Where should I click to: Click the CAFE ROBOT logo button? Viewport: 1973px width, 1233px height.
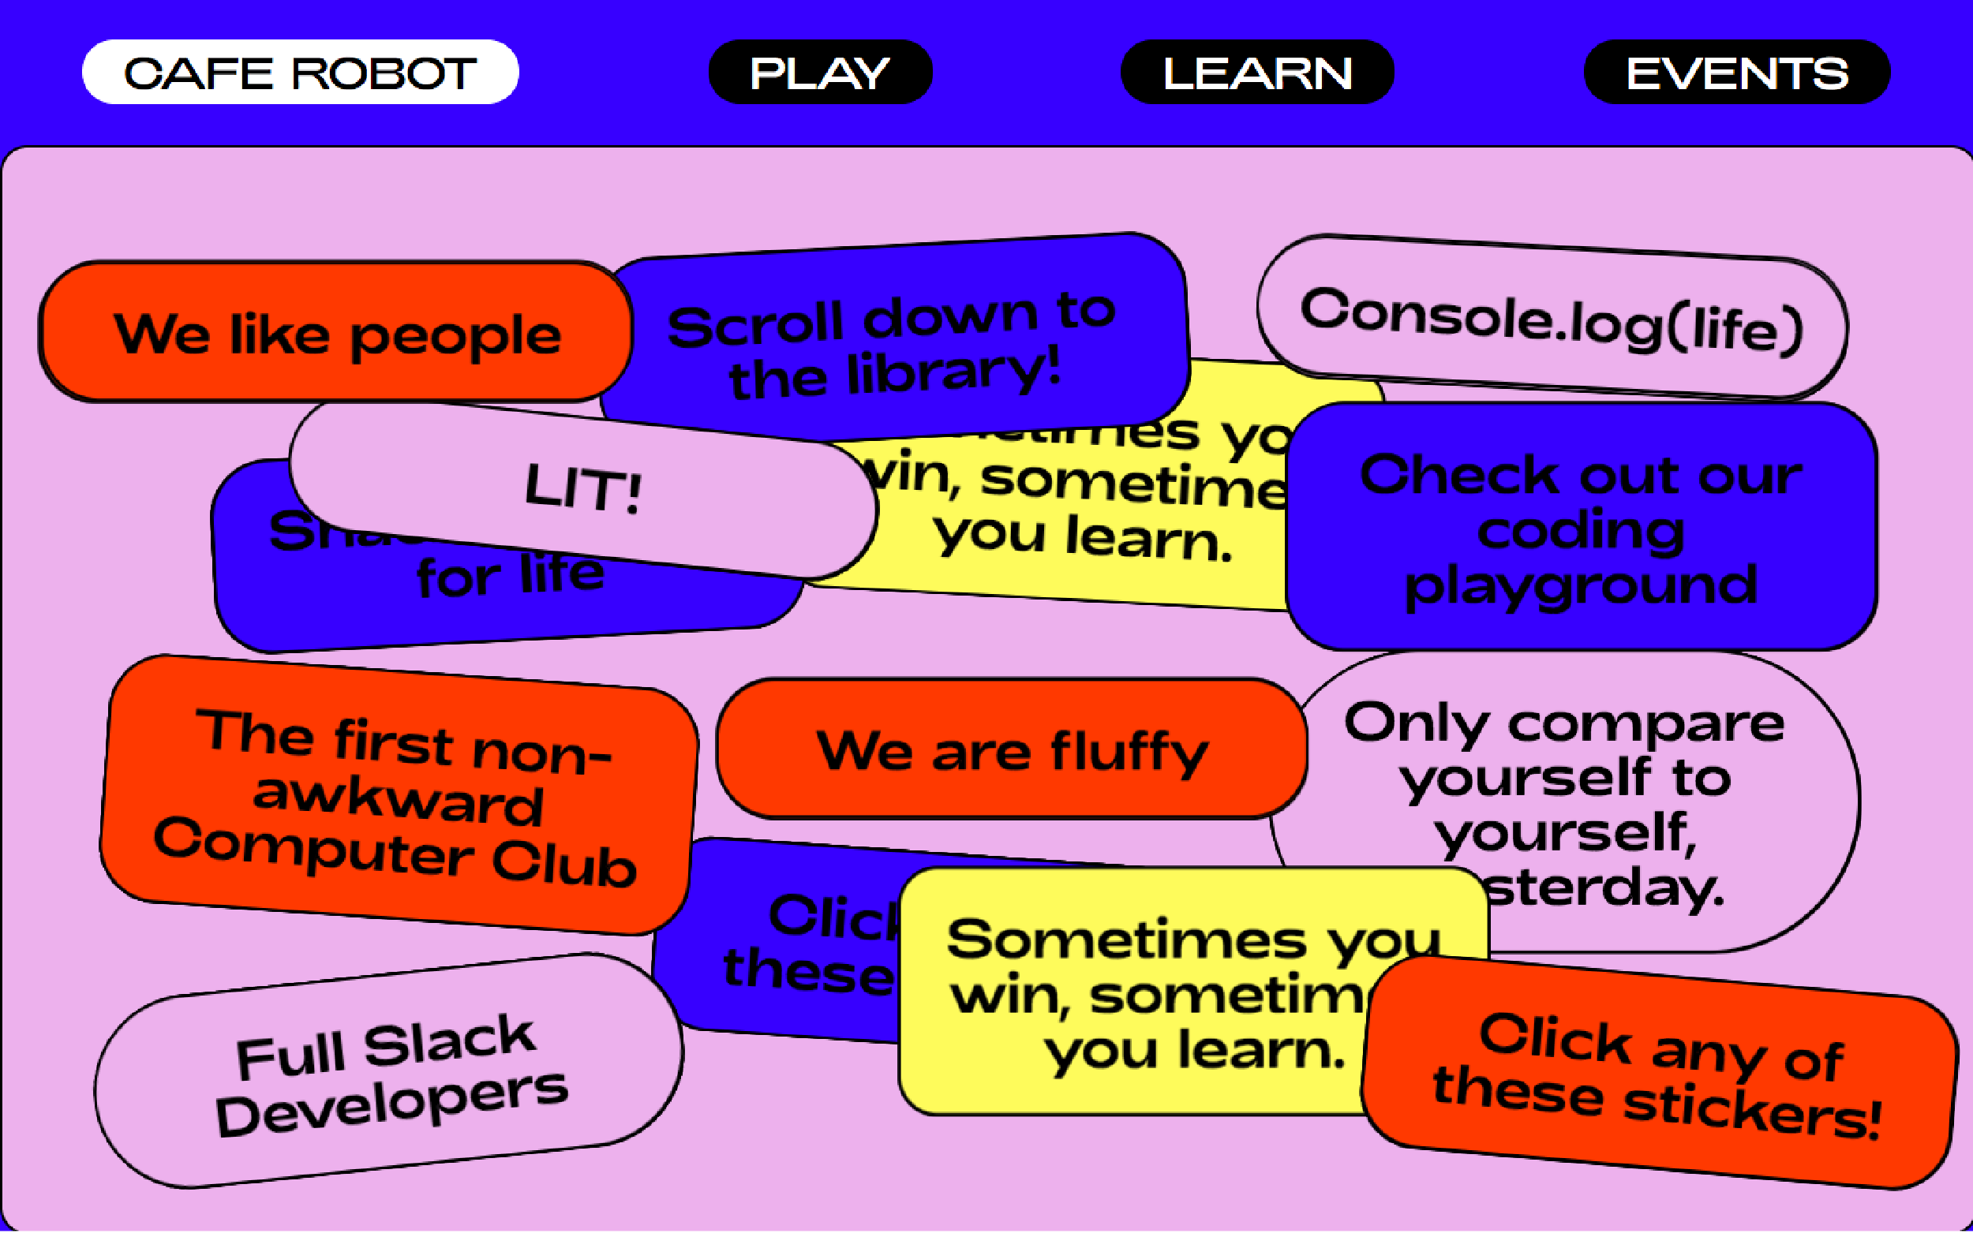point(300,73)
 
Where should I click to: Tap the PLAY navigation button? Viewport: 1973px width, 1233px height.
point(820,73)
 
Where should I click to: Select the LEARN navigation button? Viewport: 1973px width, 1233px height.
point(1257,73)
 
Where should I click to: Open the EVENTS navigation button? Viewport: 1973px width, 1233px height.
point(1736,73)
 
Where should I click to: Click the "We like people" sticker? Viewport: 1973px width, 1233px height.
point(336,333)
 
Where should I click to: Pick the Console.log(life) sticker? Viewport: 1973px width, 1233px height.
point(1552,319)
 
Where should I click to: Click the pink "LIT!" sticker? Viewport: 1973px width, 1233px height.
point(582,489)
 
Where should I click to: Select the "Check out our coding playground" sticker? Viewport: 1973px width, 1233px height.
point(1581,529)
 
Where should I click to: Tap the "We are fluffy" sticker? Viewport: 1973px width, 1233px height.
point(1012,749)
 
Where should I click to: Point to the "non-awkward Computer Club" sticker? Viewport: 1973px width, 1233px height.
point(398,795)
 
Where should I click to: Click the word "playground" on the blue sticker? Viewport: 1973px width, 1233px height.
point(1581,584)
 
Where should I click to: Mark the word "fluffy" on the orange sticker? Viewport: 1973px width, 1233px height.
point(1129,751)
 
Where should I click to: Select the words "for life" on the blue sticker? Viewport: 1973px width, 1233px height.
point(511,576)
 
